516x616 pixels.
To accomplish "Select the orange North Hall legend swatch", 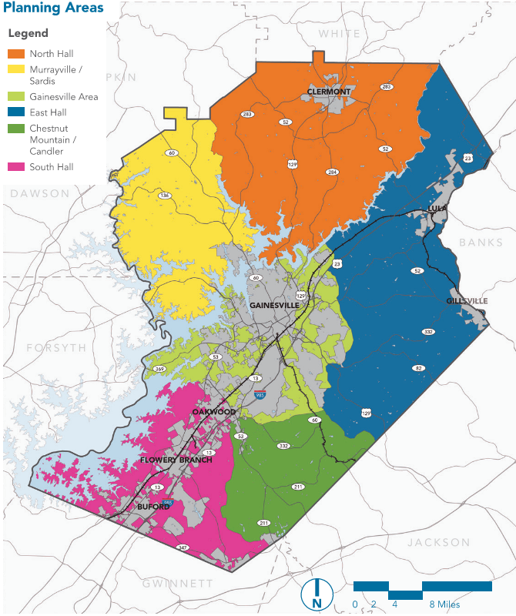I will point(17,54).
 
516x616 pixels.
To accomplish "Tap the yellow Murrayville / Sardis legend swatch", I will point(17,70).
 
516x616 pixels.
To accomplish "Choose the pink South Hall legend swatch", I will point(17,166).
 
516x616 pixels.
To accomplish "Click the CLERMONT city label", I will point(329,92).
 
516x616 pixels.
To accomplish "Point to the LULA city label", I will point(437,209).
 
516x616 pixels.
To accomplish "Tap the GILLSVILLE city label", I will point(467,300).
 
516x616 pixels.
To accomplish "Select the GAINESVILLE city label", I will point(274,305).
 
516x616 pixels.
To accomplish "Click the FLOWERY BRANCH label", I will point(176,460).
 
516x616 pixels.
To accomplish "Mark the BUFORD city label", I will point(153,507).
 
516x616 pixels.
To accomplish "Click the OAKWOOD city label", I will point(214,412).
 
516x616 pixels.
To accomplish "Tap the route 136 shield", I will point(164,196).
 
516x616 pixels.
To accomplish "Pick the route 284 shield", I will point(331,172).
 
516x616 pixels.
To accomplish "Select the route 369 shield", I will point(160,370).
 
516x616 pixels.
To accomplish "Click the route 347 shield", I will point(183,547).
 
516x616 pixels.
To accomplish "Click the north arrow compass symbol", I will point(317,594).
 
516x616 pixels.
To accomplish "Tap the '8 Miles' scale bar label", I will point(444,604).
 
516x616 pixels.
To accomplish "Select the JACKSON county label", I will point(438,543).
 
